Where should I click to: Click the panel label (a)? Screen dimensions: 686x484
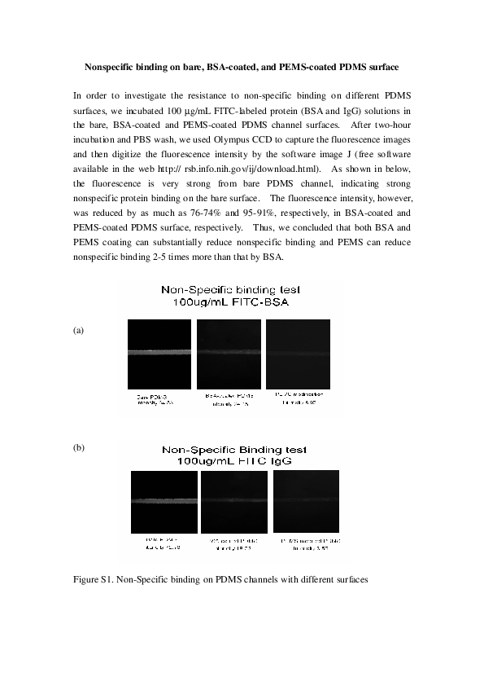coord(78,331)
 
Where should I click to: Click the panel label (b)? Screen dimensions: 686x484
coord(78,448)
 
